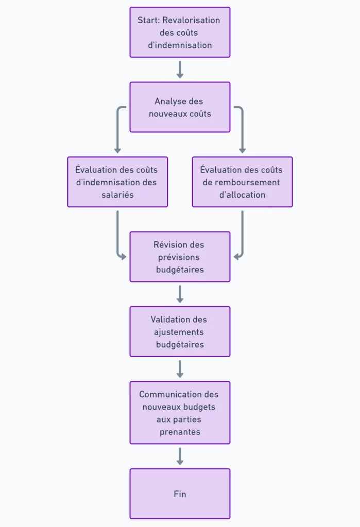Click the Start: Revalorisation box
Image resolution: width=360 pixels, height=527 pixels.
pyautogui.click(x=180, y=32)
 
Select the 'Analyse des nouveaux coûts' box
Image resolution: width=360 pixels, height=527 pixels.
pyautogui.click(x=180, y=107)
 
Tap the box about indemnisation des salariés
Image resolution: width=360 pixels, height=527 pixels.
pyautogui.click(x=117, y=182)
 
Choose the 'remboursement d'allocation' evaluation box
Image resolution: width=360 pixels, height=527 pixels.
pyautogui.click(x=242, y=182)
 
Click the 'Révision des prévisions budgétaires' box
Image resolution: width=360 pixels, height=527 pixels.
pyautogui.click(x=180, y=257)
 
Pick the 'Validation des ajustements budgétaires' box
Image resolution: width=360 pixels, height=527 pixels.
pyautogui.click(x=180, y=331)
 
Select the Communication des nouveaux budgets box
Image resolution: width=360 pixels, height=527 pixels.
pyautogui.click(x=180, y=413)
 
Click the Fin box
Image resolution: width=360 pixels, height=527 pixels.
pyautogui.click(x=180, y=494)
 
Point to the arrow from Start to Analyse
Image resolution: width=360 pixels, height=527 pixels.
pyautogui.click(x=180, y=69)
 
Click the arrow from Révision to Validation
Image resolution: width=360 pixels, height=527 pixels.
pyautogui.click(x=180, y=294)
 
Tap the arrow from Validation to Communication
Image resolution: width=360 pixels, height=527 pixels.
pyautogui.click(x=180, y=368)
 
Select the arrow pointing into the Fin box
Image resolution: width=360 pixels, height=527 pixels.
pyautogui.click(x=180, y=456)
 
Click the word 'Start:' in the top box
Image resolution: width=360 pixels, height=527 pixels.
pyautogui.click(x=148, y=20)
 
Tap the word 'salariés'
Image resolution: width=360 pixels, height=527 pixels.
pyautogui.click(x=117, y=195)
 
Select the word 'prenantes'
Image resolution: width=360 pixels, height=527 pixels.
pyautogui.click(x=180, y=432)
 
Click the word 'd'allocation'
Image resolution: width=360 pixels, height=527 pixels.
pyautogui.click(x=242, y=195)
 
